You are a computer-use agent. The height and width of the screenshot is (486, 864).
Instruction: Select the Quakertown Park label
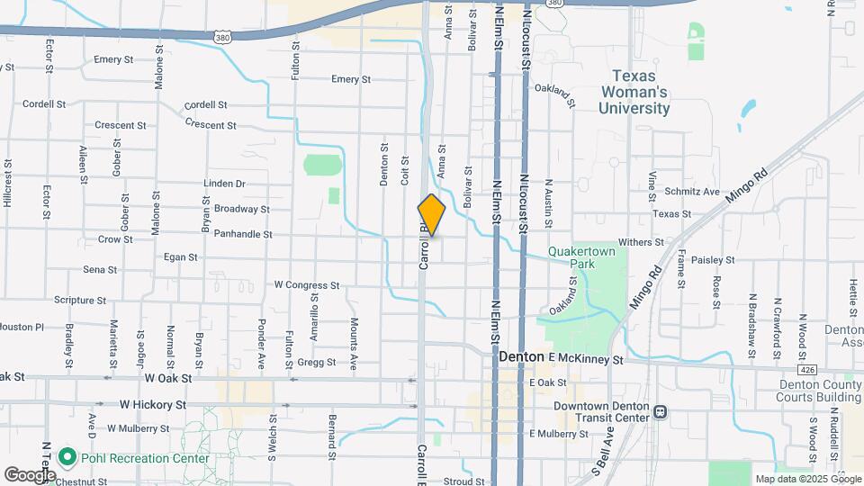575,258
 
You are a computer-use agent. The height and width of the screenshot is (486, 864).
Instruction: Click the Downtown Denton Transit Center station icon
661,411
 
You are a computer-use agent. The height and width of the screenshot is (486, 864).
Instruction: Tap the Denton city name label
521,357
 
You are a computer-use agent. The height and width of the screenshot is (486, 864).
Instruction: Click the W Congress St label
306,285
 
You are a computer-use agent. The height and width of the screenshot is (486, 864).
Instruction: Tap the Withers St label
641,242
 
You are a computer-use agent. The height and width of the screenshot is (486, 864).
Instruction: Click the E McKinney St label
586,359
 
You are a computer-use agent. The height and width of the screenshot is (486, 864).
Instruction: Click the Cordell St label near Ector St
44,104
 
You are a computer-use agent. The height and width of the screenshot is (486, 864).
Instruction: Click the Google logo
30,474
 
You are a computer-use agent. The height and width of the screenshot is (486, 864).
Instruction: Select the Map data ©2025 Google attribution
807,479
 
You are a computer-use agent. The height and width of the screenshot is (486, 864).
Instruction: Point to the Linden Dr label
225,184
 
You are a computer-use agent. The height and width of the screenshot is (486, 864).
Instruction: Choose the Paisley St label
714,260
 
